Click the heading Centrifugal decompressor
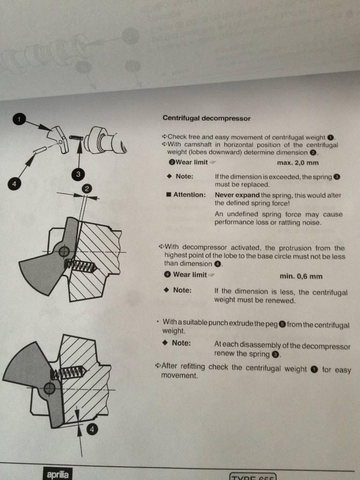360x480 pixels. pyautogui.click(x=206, y=118)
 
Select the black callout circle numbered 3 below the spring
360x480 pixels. pyautogui.click(x=78, y=174)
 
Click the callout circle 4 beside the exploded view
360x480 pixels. pyautogui.click(x=13, y=184)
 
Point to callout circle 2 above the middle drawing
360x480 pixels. pyautogui.click(x=87, y=188)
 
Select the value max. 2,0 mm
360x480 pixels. pyautogui.click(x=298, y=163)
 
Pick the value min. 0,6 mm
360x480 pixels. pyautogui.click(x=301, y=277)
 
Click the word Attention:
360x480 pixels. pyautogui.click(x=189, y=195)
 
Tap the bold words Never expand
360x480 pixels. pyautogui.click(x=237, y=195)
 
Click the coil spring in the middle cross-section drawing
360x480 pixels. pyautogui.click(x=81, y=266)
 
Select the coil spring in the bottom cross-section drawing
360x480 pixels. pyautogui.click(x=68, y=373)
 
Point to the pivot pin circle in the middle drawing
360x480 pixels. pyautogui.click(x=64, y=252)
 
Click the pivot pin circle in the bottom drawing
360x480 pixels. pyautogui.click(x=49, y=389)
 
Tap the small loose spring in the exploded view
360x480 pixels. pyautogui.click(x=76, y=138)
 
